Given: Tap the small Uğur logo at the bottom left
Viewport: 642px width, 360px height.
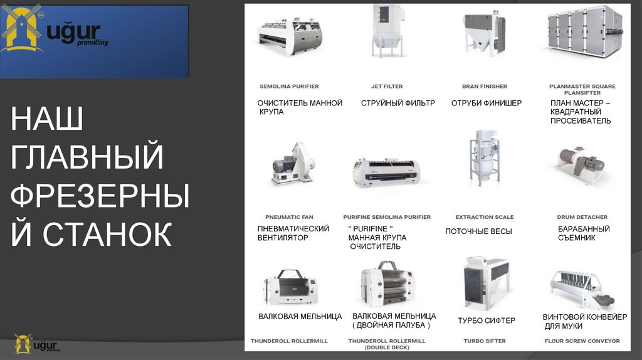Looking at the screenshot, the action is click(36, 344).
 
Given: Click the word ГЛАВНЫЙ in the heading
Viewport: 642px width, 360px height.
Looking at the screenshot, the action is click(87, 156).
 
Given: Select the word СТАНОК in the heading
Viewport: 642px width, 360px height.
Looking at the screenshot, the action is click(107, 234).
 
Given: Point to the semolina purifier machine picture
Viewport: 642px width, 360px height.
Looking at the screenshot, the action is click(290, 37).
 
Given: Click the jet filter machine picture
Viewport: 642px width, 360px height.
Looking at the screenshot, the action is click(387, 31).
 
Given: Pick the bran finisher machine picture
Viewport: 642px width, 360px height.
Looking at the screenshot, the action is click(485, 32).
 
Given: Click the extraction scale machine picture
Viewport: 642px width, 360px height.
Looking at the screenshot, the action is click(485, 158).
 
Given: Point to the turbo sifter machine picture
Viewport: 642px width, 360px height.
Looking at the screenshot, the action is click(487, 283).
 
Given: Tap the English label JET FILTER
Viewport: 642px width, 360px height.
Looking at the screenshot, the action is click(387, 87).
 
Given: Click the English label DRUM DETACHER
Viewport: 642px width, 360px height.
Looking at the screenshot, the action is click(582, 217).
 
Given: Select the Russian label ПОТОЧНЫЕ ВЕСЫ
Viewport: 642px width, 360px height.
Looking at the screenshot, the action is click(478, 231).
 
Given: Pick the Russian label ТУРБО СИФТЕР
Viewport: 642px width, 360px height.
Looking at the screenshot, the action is click(487, 320).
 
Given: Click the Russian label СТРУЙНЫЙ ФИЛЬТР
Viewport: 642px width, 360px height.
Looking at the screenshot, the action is click(398, 103).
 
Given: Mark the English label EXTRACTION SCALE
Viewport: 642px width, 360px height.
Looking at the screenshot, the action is click(485, 217).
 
